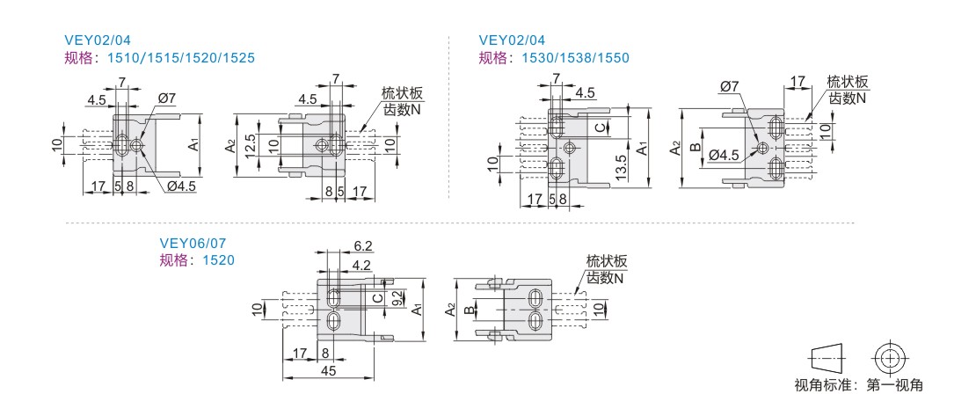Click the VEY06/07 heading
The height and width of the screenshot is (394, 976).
(186, 244)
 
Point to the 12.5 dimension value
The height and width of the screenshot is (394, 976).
(251, 143)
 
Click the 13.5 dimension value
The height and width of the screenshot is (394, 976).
(622, 165)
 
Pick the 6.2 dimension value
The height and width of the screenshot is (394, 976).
(362, 245)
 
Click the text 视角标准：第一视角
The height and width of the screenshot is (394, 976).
(858, 384)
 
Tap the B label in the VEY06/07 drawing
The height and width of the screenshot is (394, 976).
(470, 310)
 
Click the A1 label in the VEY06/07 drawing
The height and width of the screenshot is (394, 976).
(419, 309)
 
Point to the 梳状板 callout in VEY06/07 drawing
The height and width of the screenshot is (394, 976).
(607, 261)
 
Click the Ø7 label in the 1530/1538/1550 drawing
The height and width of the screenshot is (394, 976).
(730, 86)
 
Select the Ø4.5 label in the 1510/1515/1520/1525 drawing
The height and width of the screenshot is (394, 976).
(181, 186)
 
